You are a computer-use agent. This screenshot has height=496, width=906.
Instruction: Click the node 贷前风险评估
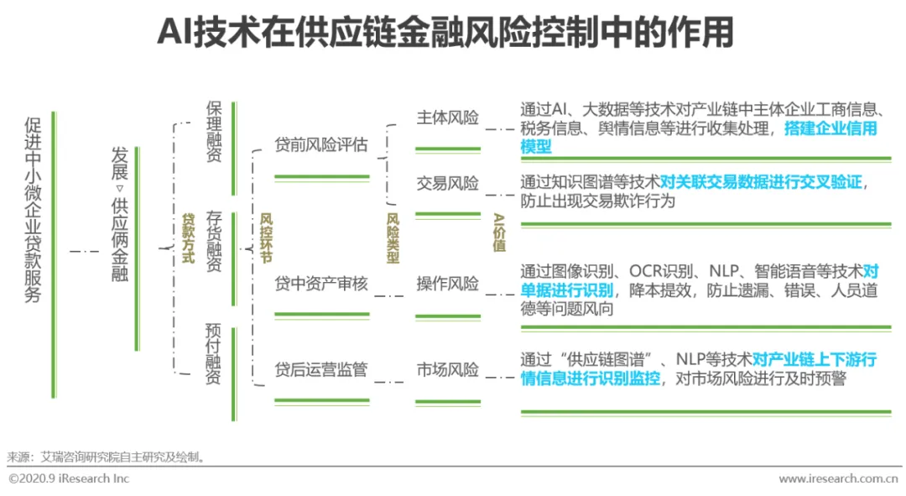[321, 144]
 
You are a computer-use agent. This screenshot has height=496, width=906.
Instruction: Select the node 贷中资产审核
[321, 284]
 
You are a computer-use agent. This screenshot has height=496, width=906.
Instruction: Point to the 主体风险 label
[448, 117]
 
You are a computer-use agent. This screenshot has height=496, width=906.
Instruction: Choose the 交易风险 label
[448, 184]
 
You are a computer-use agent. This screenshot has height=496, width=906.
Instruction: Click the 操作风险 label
[448, 284]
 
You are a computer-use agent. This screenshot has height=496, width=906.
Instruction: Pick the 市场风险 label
[448, 369]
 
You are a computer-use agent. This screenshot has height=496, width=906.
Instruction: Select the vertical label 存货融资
[214, 242]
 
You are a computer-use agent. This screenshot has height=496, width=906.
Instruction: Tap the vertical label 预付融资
[214, 353]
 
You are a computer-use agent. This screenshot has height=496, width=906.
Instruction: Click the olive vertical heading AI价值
[499, 232]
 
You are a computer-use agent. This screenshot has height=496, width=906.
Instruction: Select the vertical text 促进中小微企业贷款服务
[33, 209]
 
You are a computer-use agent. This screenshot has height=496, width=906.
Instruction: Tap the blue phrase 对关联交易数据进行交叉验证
[761, 182]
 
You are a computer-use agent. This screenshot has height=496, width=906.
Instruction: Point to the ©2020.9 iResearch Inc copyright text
[70, 478]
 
